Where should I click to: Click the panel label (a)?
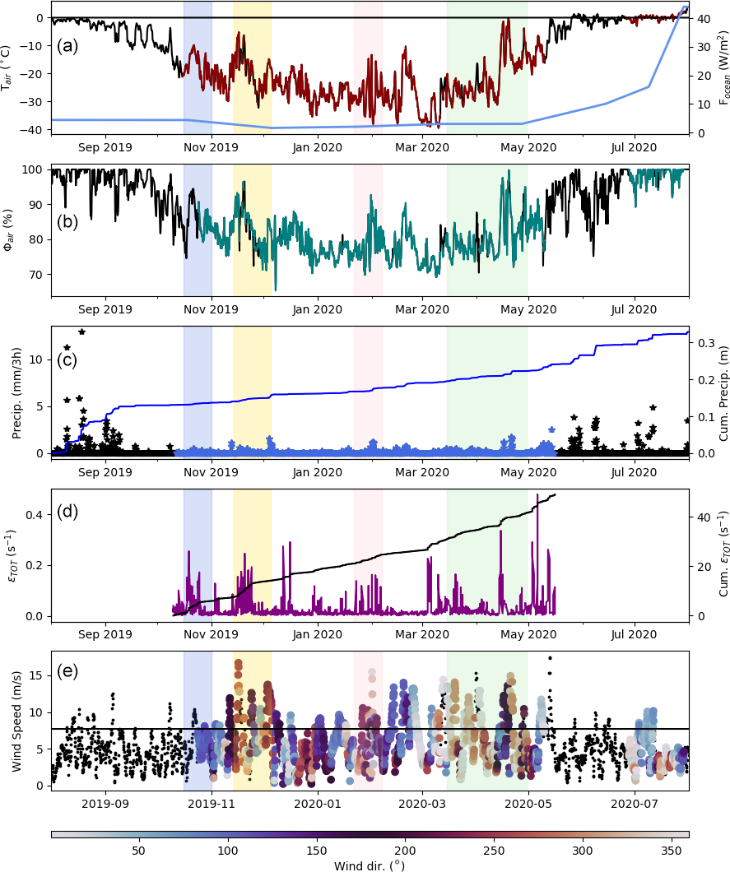[67, 46]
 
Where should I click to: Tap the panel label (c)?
[67, 360]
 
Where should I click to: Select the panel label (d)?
[67, 511]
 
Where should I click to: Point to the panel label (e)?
[67, 670]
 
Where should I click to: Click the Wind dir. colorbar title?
[370, 865]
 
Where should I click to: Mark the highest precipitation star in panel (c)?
[81, 332]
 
